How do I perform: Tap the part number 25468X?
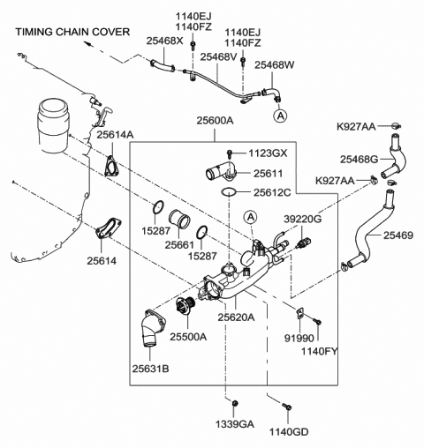point(164,41)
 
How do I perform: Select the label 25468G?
point(360,160)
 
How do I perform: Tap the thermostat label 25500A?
point(188,336)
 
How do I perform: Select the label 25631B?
point(152,368)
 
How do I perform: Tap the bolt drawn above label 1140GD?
point(287,407)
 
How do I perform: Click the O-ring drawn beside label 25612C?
point(227,191)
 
